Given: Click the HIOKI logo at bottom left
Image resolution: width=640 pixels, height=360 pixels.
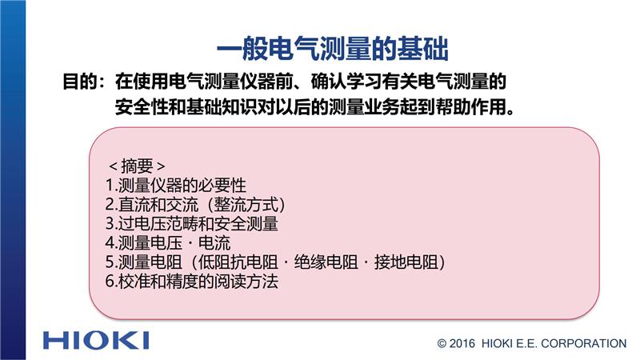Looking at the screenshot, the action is click(x=96, y=341).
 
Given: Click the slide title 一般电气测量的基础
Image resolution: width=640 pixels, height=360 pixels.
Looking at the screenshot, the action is click(x=332, y=49).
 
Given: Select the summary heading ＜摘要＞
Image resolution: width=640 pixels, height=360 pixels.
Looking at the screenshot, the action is click(x=137, y=166).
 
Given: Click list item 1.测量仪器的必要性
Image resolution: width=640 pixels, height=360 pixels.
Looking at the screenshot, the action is click(x=176, y=186).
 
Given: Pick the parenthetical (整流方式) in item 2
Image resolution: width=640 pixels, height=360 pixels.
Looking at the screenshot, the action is click(x=246, y=205).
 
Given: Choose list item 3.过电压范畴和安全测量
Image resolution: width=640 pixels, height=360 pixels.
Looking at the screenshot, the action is click(x=192, y=224).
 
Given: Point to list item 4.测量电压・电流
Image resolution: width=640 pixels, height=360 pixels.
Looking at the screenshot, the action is click(x=168, y=243).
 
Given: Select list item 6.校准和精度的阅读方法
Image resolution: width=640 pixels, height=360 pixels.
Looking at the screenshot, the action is click(x=192, y=282).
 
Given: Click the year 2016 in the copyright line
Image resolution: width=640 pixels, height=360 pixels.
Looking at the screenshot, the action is click(x=462, y=344).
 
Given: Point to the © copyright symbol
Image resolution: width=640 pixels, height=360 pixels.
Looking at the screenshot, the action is click(x=442, y=344).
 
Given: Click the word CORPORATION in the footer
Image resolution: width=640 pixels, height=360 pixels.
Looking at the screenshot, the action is click(x=584, y=344).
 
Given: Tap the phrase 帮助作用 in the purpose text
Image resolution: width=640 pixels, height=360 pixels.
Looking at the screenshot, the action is click(x=470, y=107).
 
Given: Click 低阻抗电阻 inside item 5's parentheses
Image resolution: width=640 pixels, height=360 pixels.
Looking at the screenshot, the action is click(x=238, y=262).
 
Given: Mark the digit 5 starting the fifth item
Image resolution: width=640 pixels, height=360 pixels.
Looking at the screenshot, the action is click(x=110, y=262).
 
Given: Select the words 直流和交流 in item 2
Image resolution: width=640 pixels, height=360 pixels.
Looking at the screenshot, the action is click(x=158, y=205).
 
